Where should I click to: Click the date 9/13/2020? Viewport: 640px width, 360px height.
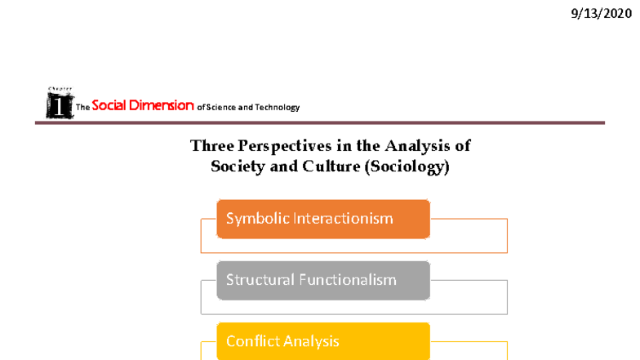[601, 14]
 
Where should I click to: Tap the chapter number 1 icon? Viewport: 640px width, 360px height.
[59, 104]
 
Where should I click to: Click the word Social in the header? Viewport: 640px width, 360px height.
[112, 105]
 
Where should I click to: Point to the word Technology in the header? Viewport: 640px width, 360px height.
[278, 107]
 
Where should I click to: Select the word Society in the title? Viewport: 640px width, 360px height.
[241, 167]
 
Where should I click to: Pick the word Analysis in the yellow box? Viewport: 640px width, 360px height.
[312, 341]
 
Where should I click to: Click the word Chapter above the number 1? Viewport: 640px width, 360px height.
[59, 88]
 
